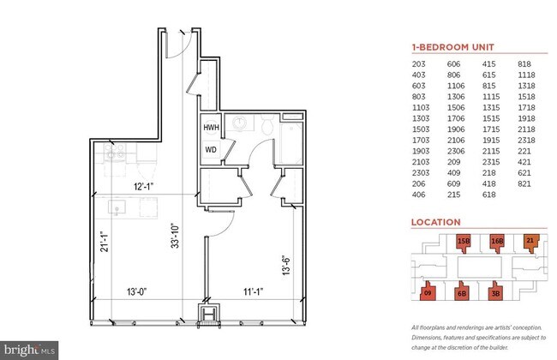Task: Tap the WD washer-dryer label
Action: (x=210, y=149)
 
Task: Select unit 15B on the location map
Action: (x=464, y=242)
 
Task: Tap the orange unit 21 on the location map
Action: (x=530, y=241)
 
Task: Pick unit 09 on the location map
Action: (x=428, y=292)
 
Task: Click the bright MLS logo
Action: (x=30, y=350)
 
